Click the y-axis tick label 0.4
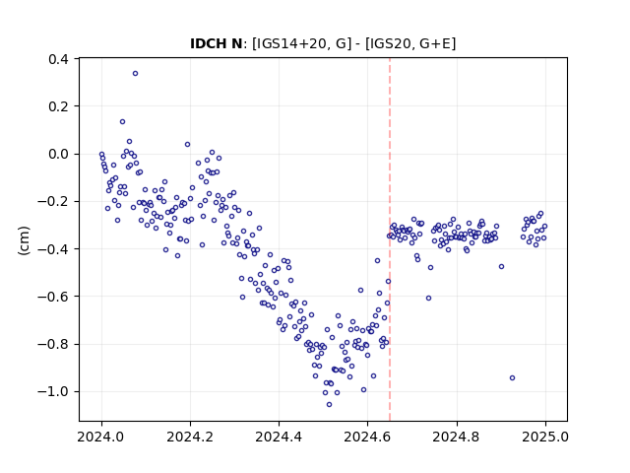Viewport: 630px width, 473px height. pos(58,59)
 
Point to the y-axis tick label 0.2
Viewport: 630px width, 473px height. pos(58,106)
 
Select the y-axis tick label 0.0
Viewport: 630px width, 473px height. pos(58,154)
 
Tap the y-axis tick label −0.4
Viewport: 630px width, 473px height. pos(53,249)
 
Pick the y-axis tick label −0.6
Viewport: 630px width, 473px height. pos(53,297)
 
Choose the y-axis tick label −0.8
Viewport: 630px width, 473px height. pos(53,344)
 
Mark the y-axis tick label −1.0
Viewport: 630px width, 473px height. pos(53,391)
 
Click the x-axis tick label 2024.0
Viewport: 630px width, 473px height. pos(101,437)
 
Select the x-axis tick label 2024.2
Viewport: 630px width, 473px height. pos(190,437)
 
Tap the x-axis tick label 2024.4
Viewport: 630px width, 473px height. pos(279,437)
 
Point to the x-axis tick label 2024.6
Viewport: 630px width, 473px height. pos(367,437)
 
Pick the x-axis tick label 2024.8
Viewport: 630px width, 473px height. pos(457,437)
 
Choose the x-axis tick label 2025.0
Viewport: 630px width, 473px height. pos(545,437)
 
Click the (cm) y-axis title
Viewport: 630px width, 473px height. pos(24,240)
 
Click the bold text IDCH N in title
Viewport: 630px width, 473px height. pos(217,43)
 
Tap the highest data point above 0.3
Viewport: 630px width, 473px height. pos(136,74)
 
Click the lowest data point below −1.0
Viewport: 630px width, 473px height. pos(329,405)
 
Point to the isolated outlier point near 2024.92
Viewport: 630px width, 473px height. pos(512,378)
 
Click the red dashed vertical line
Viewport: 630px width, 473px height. pos(390,239)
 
